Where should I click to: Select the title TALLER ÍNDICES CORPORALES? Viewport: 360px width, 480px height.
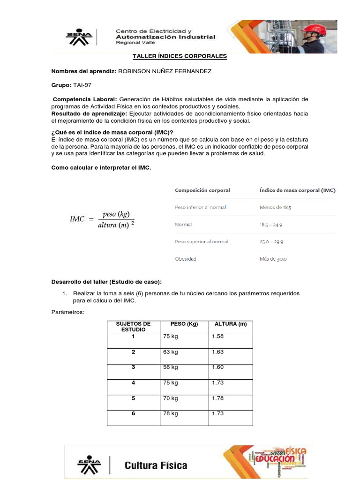180,56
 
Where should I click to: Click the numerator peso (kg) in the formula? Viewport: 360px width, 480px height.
115,214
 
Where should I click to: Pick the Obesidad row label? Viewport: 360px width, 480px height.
185,259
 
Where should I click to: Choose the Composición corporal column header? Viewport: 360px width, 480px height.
202,190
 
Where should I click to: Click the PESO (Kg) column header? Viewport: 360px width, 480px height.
185,324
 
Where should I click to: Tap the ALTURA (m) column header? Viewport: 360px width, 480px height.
230,324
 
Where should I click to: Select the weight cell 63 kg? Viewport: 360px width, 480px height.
171,352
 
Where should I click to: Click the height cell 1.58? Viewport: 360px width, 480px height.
218,336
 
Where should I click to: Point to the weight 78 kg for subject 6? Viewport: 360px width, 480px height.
171,413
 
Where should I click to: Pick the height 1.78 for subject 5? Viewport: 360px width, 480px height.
218,398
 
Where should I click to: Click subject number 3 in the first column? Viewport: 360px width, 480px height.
133,367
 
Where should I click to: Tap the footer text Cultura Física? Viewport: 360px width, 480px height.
156,465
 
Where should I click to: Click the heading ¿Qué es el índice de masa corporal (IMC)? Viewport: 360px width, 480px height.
112,132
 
